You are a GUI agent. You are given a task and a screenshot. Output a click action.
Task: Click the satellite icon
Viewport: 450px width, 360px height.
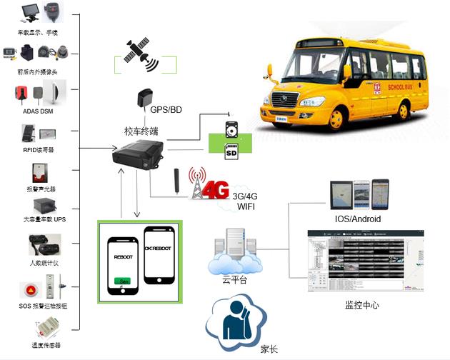(x=141, y=53)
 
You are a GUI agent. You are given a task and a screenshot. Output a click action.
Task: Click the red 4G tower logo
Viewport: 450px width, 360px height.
(x=208, y=186)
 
